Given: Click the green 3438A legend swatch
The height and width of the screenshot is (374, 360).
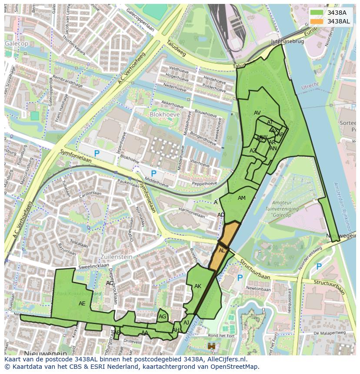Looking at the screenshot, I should (317, 13).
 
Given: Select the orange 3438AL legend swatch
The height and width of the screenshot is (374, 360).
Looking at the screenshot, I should (317, 21).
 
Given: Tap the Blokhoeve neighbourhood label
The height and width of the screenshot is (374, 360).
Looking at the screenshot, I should (164, 114).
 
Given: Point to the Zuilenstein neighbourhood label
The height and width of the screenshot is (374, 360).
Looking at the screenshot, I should (117, 257).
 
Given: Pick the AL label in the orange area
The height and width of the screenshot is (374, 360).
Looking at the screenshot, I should (222, 251).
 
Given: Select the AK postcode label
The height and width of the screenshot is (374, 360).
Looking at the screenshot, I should (198, 286).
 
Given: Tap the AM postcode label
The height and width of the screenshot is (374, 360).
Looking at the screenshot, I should (242, 198).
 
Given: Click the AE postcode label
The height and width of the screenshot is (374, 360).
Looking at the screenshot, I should (82, 304).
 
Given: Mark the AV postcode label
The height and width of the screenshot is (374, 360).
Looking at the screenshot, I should (257, 113).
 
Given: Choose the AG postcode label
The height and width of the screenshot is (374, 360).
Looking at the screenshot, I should (163, 317).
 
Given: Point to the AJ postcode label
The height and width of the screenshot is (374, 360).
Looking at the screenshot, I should (187, 322).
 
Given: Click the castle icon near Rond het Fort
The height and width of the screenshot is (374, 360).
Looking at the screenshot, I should (212, 347).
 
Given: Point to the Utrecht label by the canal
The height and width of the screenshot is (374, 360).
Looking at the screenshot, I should (310, 86).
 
